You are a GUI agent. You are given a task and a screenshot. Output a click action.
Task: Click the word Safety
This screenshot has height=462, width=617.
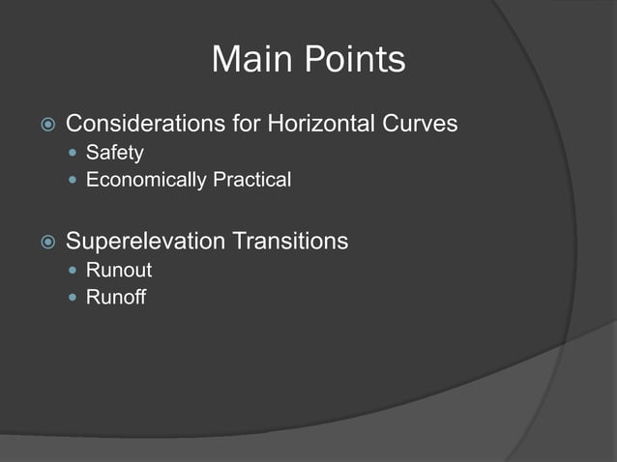tap(114, 153)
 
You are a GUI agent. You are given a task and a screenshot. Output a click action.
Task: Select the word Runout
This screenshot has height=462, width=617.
tap(119, 270)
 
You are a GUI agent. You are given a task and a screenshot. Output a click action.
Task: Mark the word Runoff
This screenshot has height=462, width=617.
tap(116, 297)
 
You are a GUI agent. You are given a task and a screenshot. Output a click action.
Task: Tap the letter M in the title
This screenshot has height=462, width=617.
tap(224, 60)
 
